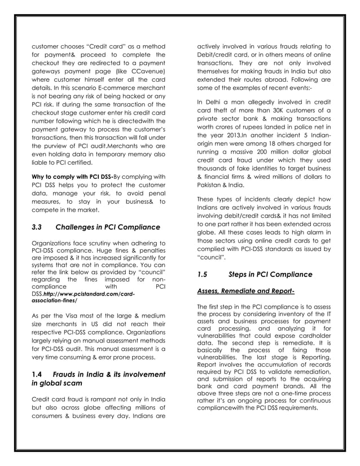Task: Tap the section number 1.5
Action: tap(204, 275)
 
